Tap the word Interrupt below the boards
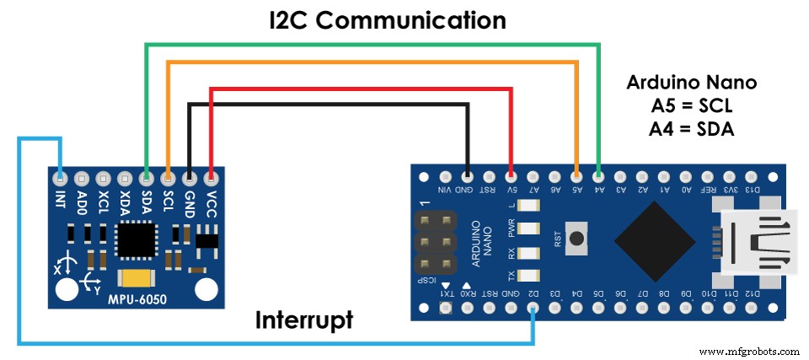[x=305, y=320]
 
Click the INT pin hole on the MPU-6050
[x=60, y=179]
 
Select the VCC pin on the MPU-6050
[x=210, y=179]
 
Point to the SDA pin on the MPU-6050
[x=146, y=179]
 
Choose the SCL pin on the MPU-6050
[x=168, y=179]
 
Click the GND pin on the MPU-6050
[x=189, y=179]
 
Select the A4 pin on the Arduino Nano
[x=598, y=177]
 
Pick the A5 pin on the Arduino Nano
[x=576, y=177]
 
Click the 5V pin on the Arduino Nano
[x=512, y=177]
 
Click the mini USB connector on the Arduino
[x=757, y=241]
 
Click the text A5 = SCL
[x=692, y=106]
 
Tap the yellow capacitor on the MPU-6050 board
[x=135, y=279]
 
